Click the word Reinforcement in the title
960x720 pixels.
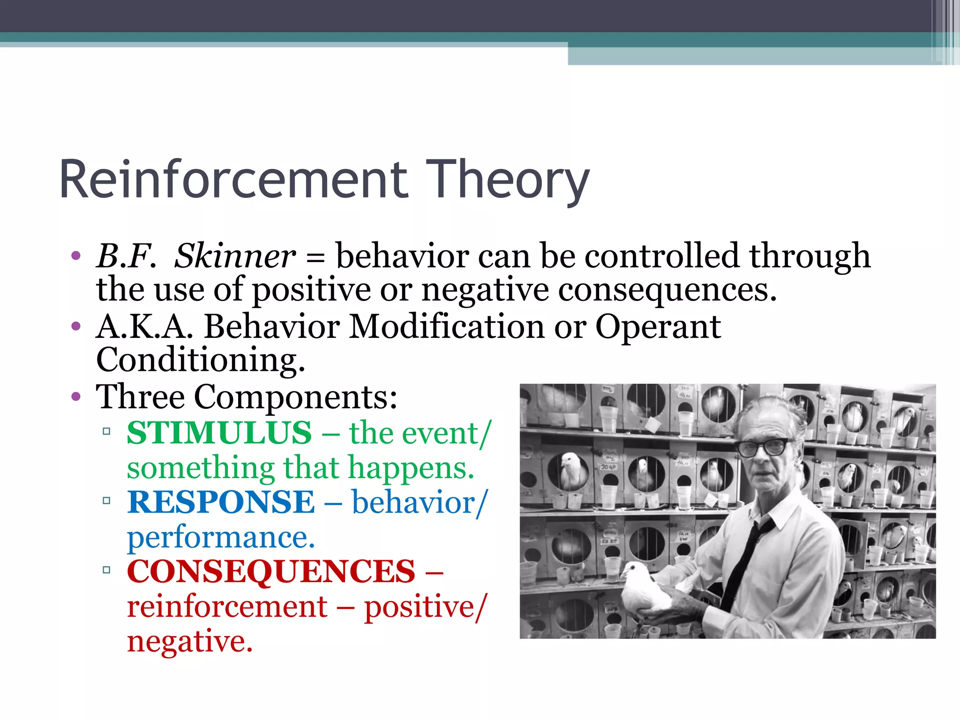pyautogui.click(x=234, y=180)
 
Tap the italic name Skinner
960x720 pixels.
pyautogui.click(x=235, y=256)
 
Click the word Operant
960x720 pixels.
pyautogui.click(x=658, y=327)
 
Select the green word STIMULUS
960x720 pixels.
pyautogui.click(x=219, y=433)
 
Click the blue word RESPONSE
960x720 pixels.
pyautogui.click(x=221, y=502)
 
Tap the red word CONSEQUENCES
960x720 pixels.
pyautogui.click(x=271, y=571)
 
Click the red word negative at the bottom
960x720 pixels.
pyautogui.click(x=189, y=642)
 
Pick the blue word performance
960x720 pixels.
pyautogui.click(x=220, y=537)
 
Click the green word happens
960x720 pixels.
pyautogui.click(x=411, y=468)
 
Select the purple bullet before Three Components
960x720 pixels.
pyautogui.click(x=76, y=397)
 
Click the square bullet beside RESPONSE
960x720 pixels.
pyautogui.click(x=106, y=501)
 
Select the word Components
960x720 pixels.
pyautogui.click(x=295, y=397)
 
